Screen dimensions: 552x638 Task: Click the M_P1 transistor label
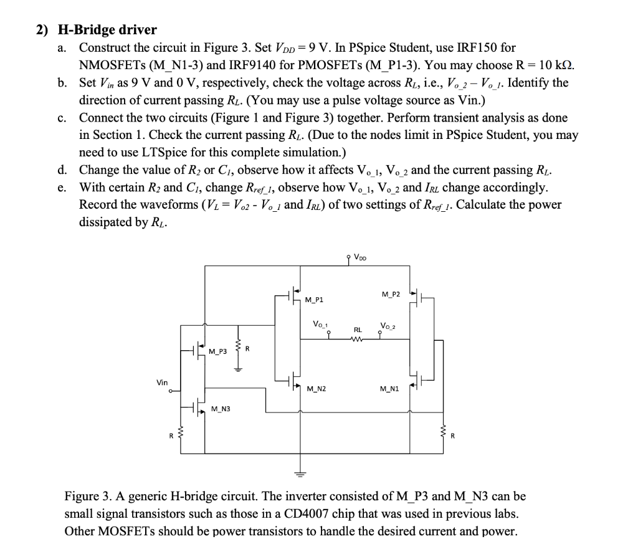click(315, 300)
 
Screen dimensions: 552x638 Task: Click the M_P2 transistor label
click(390, 293)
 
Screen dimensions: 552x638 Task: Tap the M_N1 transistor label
click(390, 389)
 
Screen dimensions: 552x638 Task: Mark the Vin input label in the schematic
click(162, 383)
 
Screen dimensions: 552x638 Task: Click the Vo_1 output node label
click(320, 324)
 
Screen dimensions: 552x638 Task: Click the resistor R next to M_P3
click(236, 353)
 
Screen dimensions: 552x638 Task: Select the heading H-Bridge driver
click(107, 29)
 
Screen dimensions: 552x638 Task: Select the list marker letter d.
click(62, 170)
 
